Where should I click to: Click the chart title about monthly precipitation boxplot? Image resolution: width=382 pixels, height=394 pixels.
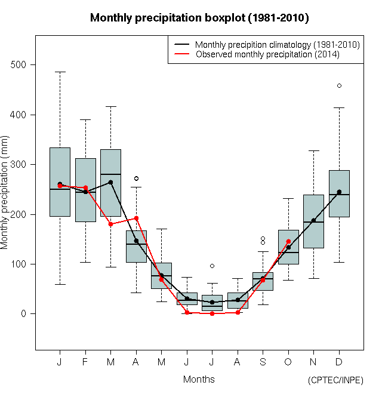pyautogui.click(x=199, y=18)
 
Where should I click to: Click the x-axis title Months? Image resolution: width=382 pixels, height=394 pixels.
pyautogui.click(x=199, y=379)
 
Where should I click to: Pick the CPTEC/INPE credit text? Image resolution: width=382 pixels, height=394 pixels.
pyautogui.click(x=335, y=380)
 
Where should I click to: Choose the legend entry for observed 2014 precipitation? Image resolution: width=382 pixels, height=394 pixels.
pyautogui.click(x=267, y=54)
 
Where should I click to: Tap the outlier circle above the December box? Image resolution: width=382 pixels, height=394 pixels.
pyautogui.click(x=339, y=85)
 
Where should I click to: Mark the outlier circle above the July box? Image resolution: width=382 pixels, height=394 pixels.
pyautogui.click(x=212, y=266)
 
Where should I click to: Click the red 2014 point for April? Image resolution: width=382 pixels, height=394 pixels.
pyautogui.click(x=136, y=218)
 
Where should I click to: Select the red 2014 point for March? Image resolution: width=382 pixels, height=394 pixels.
pyautogui.click(x=110, y=224)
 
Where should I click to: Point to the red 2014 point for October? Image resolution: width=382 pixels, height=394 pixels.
pyautogui.click(x=288, y=242)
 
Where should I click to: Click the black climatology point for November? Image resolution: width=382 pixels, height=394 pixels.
pyautogui.click(x=313, y=220)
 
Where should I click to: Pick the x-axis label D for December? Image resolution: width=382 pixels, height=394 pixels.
pyautogui.click(x=339, y=362)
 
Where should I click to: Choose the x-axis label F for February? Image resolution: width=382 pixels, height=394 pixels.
pyautogui.click(x=85, y=362)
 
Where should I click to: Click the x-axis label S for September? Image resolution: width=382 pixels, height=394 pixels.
pyautogui.click(x=263, y=362)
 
